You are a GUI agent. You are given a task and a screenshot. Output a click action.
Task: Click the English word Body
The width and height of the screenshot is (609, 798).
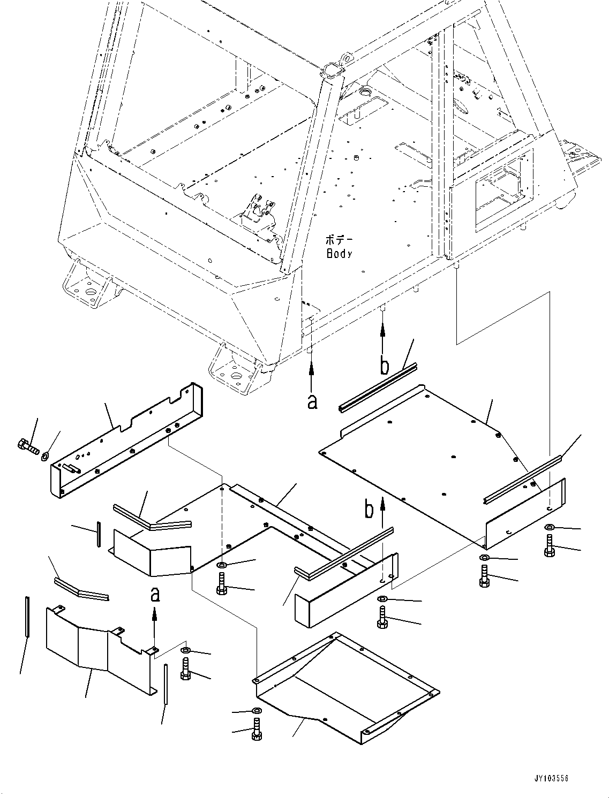339,254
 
